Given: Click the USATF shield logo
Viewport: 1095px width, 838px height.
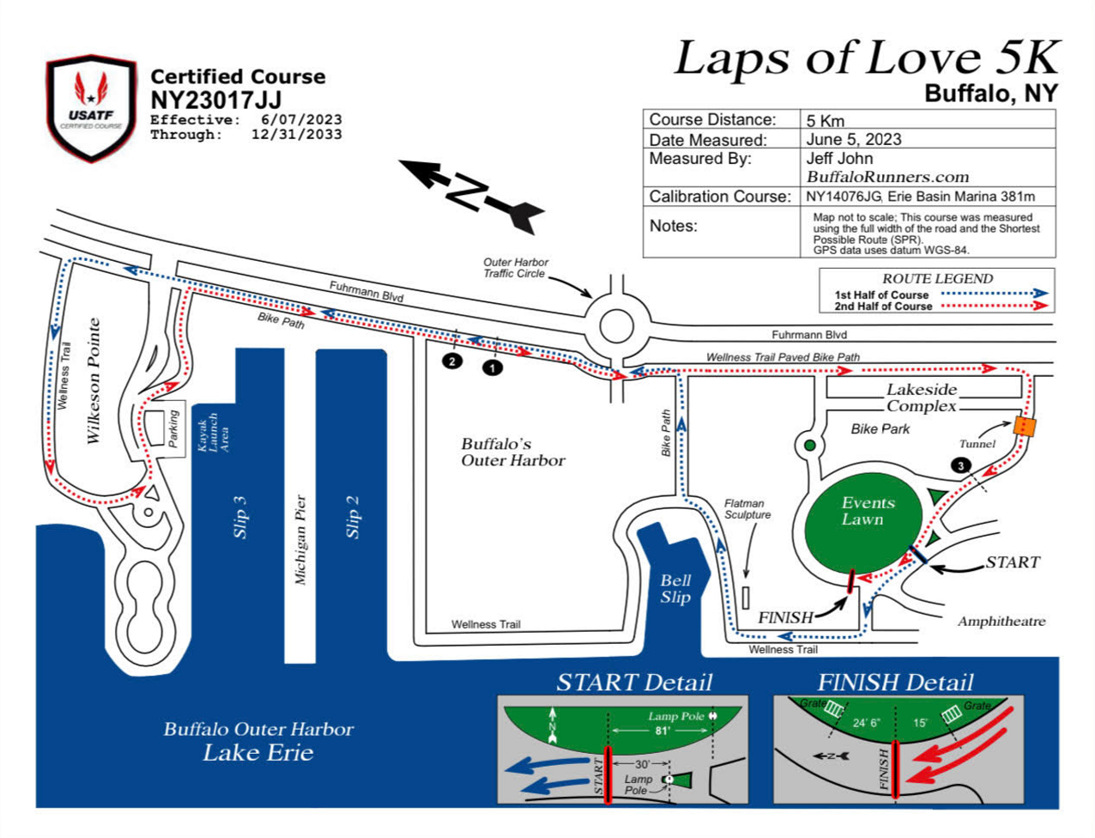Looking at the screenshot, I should click(91, 107).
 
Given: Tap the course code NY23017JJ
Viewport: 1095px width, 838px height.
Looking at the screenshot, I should click(215, 100).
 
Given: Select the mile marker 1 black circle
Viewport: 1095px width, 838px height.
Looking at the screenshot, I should click(492, 367).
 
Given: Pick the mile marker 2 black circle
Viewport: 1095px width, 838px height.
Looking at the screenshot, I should click(451, 361).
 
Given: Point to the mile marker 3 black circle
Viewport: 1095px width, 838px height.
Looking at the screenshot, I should click(961, 465).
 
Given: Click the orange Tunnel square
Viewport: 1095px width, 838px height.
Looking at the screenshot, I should click(1025, 426).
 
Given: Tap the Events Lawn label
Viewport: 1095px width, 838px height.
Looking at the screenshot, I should click(868, 511).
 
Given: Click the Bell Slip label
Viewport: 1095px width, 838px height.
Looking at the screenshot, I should click(675, 589).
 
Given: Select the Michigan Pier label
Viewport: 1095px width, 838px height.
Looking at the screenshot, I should click(300, 539).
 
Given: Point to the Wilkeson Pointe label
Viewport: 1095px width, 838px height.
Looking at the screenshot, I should click(94, 380).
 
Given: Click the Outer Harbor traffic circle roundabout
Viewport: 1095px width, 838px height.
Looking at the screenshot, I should click(615, 326).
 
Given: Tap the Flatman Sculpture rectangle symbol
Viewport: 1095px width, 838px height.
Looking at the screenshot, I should click(745, 598).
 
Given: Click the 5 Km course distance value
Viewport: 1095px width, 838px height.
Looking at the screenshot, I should click(825, 120).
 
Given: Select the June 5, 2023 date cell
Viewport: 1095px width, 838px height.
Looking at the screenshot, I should click(854, 139).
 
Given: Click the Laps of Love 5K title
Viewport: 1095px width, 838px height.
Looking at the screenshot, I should click(866, 58).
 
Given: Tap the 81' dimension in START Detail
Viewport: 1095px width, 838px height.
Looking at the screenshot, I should click(662, 731).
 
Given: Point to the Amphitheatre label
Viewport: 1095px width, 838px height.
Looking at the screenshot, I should click(1001, 621).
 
